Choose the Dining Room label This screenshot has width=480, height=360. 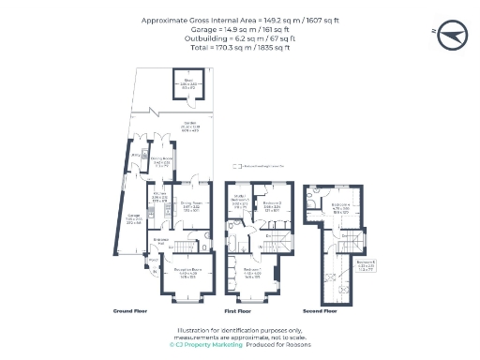click(x=192, y=202)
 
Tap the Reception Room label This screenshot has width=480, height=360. click(x=189, y=272)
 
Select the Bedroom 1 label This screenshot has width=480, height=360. click(x=252, y=273)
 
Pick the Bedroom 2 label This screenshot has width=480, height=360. click(x=273, y=202)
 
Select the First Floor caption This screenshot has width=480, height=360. click(x=238, y=310)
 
